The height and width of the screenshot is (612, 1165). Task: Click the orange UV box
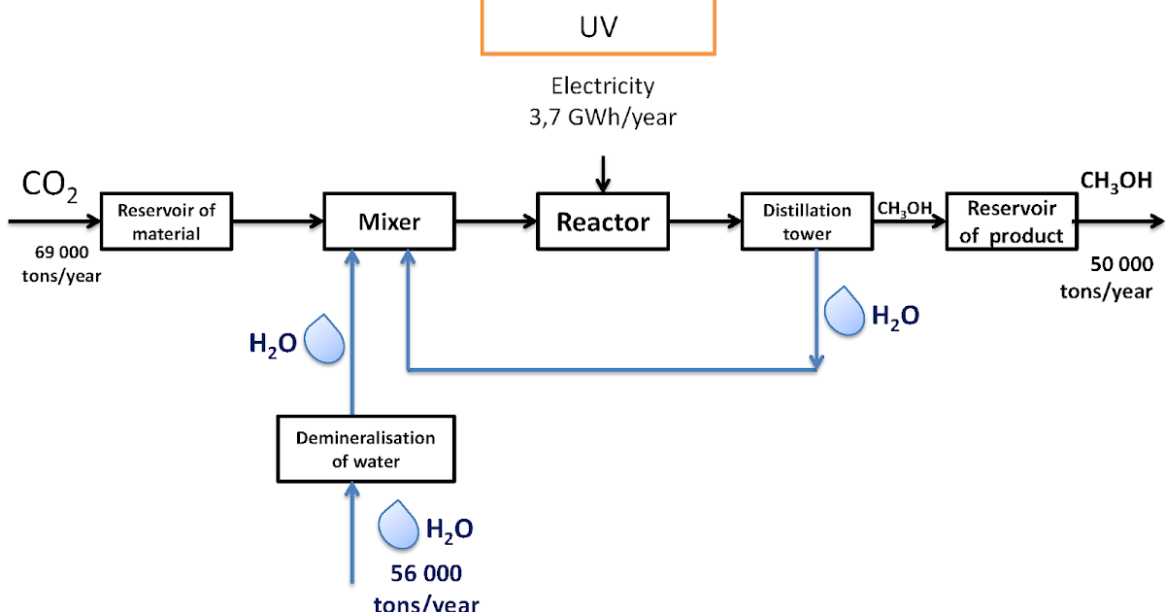(598, 26)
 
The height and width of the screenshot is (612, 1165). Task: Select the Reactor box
(602, 222)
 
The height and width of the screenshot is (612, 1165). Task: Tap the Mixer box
(389, 222)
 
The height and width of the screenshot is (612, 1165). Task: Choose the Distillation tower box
(806, 221)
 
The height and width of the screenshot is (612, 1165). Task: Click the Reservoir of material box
(166, 221)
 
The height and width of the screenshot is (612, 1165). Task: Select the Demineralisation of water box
(365, 449)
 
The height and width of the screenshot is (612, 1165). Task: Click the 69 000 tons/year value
(53, 265)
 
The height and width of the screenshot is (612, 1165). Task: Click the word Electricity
(602, 86)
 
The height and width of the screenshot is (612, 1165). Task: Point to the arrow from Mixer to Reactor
(495, 222)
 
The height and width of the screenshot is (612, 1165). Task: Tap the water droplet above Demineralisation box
(324, 341)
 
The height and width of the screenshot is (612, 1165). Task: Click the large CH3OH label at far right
(1115, 181)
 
